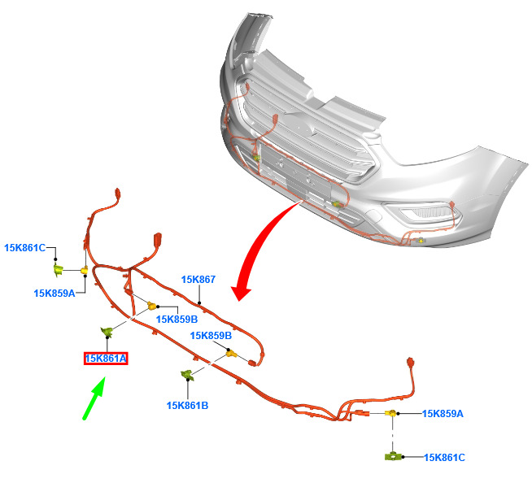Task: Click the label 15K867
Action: click(198, 280)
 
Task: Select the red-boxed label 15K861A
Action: click(106, 359)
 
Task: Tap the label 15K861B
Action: click(187, 406)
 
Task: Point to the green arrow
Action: click(94, 398)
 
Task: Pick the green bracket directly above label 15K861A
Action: click(107, 332)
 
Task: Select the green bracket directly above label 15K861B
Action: click(187, 375)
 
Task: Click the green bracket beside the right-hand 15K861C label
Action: click(393, 456)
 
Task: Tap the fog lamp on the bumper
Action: click(430, 212)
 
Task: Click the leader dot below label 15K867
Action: click(199, 302)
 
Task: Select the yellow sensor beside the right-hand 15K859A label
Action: click(390, 413)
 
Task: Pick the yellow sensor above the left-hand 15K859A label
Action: click(84, 270)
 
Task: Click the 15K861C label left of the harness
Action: click(24, 248)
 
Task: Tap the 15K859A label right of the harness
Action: click(443, 414)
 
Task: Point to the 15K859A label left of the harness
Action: click(55, 294)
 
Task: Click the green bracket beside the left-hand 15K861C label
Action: click(58, 270)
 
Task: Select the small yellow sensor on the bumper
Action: click(421, 241)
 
